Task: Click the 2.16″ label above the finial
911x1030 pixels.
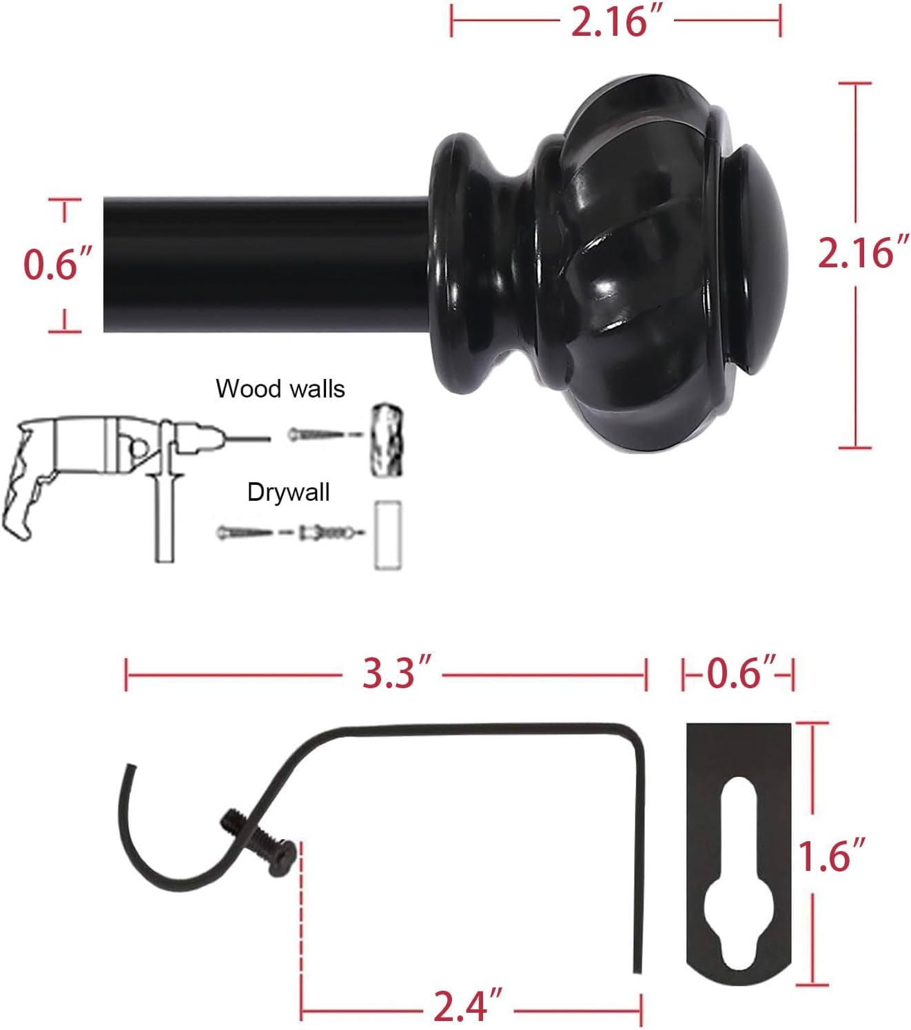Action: [617, 21]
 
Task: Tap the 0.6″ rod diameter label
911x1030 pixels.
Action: [57, 265]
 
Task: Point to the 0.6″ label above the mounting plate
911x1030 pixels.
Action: [741, 674]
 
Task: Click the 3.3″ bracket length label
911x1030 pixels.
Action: [396, 674]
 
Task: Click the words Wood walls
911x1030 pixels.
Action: [280, 389]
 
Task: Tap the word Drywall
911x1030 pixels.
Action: [289, 492]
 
